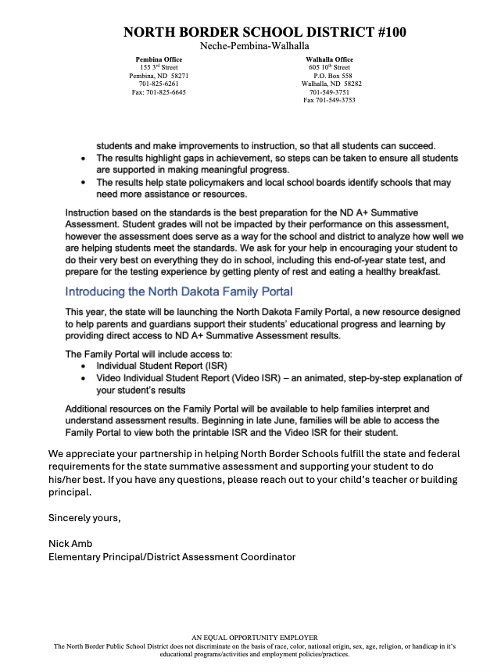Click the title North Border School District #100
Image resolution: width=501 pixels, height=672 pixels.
coord(264,32)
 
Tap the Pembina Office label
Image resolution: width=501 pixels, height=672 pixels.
coord(159,59)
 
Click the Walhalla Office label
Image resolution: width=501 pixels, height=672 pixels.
coord(329,59)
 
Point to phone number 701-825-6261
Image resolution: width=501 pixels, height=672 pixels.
coord(159,84)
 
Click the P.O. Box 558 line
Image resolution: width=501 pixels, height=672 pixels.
coord(329,76)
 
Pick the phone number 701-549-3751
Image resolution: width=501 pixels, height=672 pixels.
coord(329,92)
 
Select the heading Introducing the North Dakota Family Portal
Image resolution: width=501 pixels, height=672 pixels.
coord(179,291)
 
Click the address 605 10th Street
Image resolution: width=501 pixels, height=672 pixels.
coord(329,67)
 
